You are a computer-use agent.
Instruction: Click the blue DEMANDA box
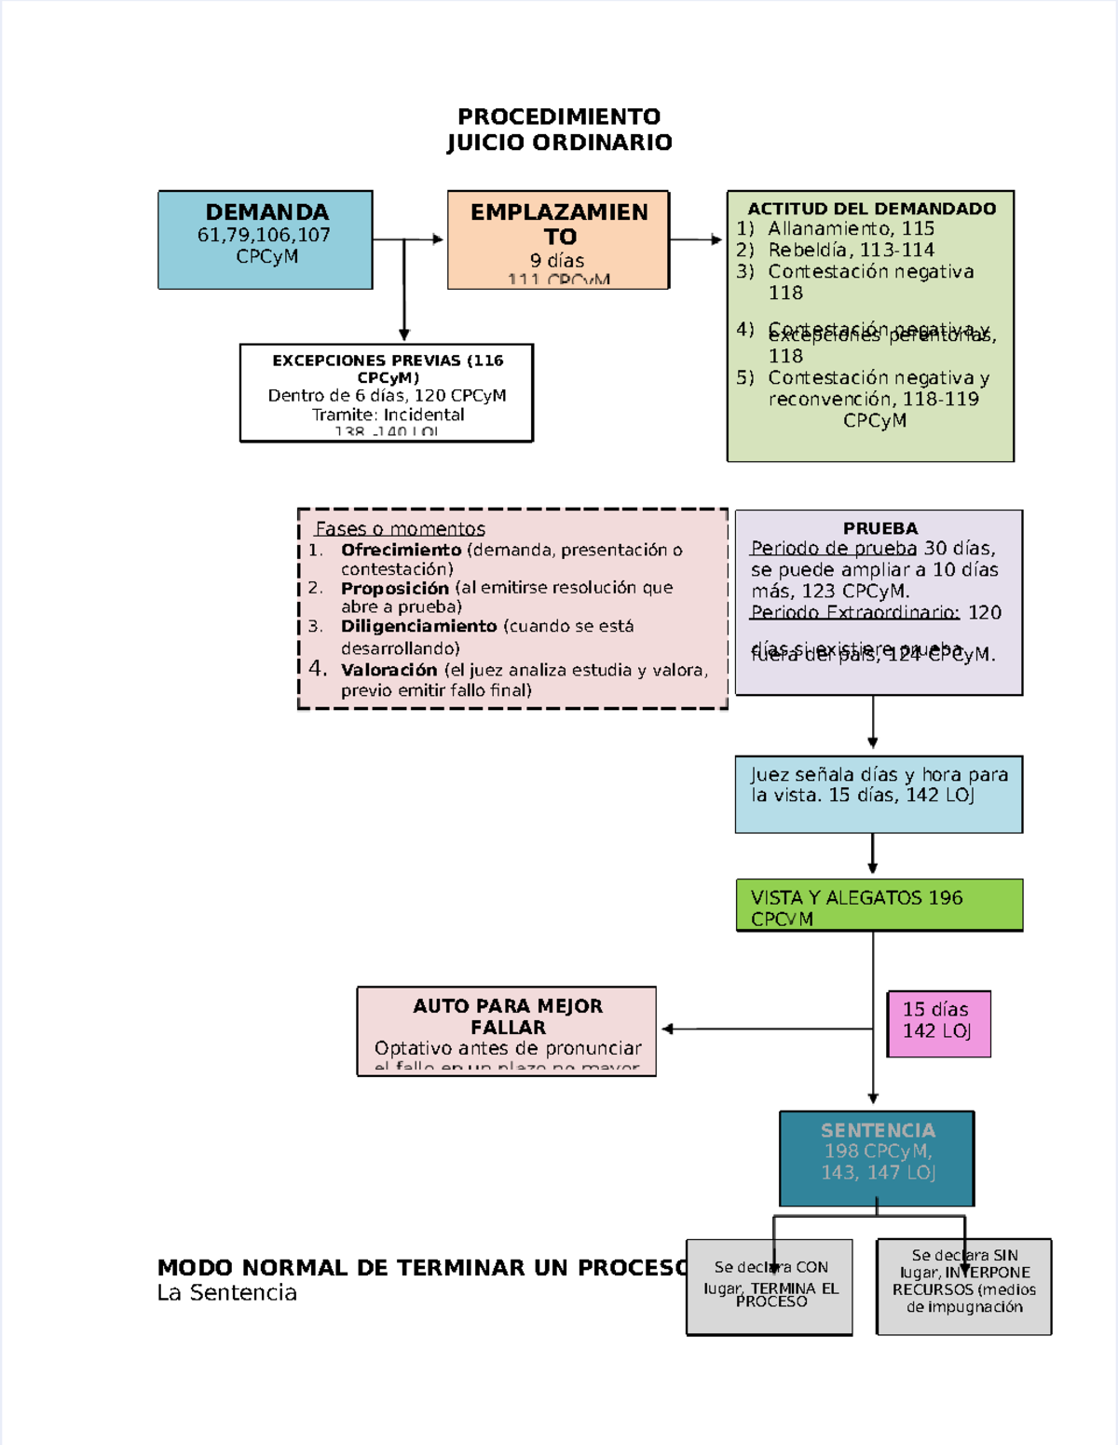(266, 239)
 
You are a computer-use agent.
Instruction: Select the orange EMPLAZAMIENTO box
(558, 239)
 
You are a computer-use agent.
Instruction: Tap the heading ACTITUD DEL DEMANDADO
(871, 209)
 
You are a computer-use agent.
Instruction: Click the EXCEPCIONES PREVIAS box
(387, 392)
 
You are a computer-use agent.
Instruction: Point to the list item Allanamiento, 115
(850, 228)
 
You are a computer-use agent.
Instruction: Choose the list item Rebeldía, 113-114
(850, 250)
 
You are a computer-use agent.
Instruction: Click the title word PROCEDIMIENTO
(559, 116)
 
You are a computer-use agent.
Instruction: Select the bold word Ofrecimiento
(401, 550)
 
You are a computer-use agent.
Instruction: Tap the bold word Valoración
(389, 670)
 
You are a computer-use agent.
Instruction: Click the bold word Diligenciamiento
(418, 626)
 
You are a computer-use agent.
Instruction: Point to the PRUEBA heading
(879, 528)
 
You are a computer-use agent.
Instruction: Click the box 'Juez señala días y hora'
(879, 794)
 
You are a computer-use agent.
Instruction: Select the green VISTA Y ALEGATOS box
(879, 905)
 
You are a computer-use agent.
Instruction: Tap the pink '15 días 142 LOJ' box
(938, 1023)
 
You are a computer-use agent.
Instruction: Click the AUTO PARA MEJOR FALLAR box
(507, 1030)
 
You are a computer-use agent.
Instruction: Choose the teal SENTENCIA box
(877, 1158)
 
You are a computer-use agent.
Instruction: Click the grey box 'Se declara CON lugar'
(770, 1287)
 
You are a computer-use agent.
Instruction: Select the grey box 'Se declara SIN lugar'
(963, 1287)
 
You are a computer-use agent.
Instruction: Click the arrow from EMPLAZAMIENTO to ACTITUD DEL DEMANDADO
(696, 239)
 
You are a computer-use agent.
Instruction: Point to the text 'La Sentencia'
(226, 1292)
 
